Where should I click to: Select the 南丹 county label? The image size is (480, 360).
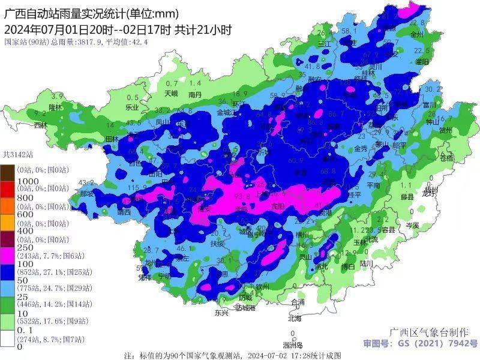pyautogui.click(x=194, y=94)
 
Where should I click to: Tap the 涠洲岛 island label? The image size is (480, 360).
pyautogui.click(x=292, y=345)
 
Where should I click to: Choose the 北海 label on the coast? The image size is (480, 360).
pyautogui.click(x=294, y=319)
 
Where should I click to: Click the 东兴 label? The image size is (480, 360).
pyautogui.click(x=221, y=313)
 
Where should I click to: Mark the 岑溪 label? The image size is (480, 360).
pyautogui.click(x=412, y=225)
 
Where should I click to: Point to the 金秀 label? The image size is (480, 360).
pyautogui.click(x=361, y=148)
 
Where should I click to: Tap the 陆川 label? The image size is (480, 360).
pyautogui.click(x=367, y=263)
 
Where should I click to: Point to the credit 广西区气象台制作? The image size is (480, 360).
pyautogui.click(x=429, y=332)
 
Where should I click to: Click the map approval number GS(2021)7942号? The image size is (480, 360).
pyautogui.click(x=419, y=344)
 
